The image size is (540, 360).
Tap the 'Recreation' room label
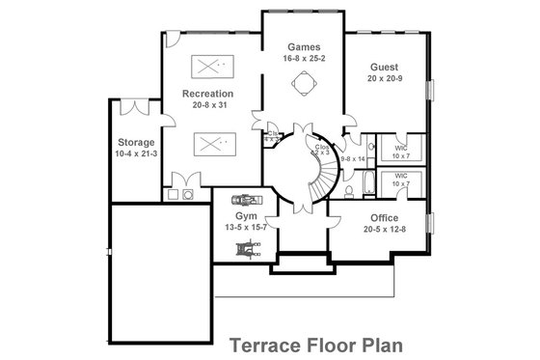click(x=208, y=94)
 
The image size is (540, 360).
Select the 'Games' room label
click(x=305, y=46)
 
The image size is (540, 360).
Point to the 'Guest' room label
click(x=385, y=67)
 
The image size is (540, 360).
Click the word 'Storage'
click(x=136, y=142)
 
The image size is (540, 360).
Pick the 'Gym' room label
click(x=245, y=216)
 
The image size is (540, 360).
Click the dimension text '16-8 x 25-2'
click(x=305, y=58)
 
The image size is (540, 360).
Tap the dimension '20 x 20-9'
click(x=385, y=78)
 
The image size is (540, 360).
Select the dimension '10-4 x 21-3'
click(x=136, y=152)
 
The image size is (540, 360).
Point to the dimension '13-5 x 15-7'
click(x=246, y=228)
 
